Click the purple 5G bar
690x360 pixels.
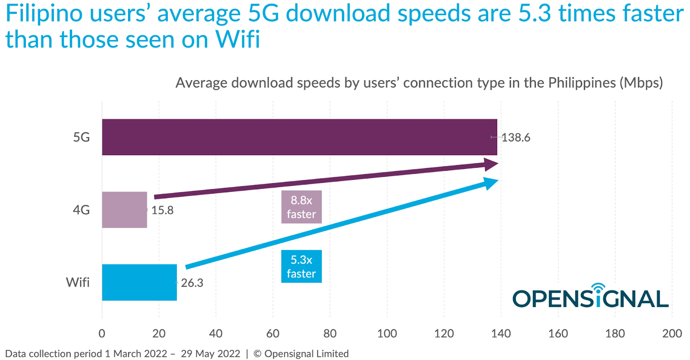point(299,137)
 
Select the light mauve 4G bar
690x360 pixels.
point(124,210)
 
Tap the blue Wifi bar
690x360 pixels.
point(139,282)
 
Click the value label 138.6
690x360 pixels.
point(516,138)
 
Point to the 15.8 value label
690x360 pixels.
point(163,210)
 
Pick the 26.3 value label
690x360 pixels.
point(192,283)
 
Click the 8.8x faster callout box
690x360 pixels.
point(301,207)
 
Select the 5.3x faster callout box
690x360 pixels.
point(301,266)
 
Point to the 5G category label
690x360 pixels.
point(81,137)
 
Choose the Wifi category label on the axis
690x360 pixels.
point(78,282)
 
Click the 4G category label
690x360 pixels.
point(81,210)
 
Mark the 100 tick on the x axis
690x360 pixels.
point(387,333)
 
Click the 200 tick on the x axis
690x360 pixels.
point(672,333)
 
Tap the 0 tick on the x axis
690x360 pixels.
point(102,333)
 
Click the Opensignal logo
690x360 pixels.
point(590,297)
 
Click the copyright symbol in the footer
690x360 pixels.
point(257,354)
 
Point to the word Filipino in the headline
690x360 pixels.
point(44,14)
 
